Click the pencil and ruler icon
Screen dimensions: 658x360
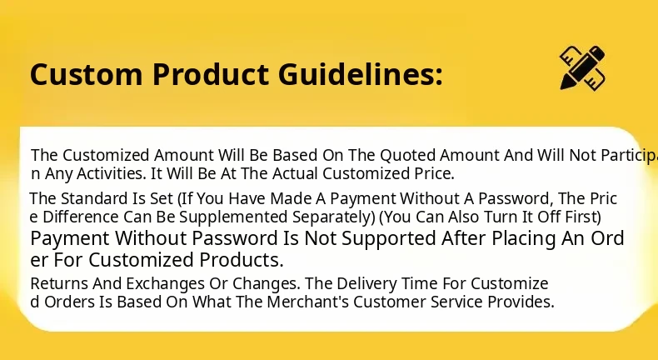click(x=582, y=67)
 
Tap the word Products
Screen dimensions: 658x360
click(x=242, y=260)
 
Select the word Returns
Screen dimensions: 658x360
click(x=59, y=283)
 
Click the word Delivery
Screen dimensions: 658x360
click(x=366, y=283)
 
